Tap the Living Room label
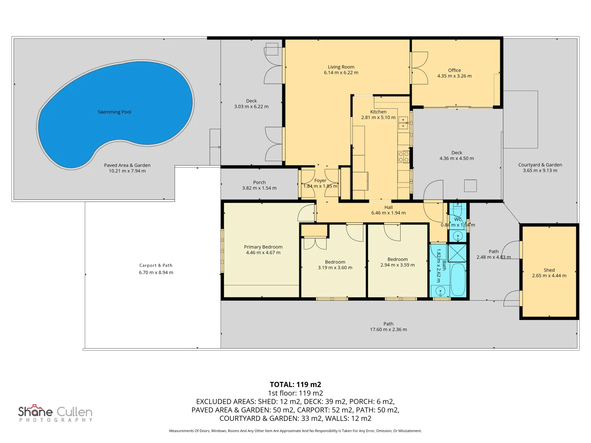[341, 67]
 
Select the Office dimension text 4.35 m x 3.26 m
[454, 76]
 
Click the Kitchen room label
[378, 112]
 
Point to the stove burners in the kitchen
[403, 157]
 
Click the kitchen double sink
[403, 123]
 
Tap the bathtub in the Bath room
[458, 279]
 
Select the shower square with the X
[457, 253]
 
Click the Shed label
[549, 270]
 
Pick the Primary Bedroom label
[263, 247]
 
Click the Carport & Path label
[156, 265]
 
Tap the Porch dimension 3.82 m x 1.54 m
[259, 188]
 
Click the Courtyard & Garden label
[540, 165]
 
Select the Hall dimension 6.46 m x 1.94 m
[388, 213]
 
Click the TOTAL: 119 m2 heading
[295, 384]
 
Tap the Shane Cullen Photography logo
[55, 413]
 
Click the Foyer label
[320, 180]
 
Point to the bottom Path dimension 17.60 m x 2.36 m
[388, 329]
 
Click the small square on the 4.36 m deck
[470, 186]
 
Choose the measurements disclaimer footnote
[295, 431]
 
